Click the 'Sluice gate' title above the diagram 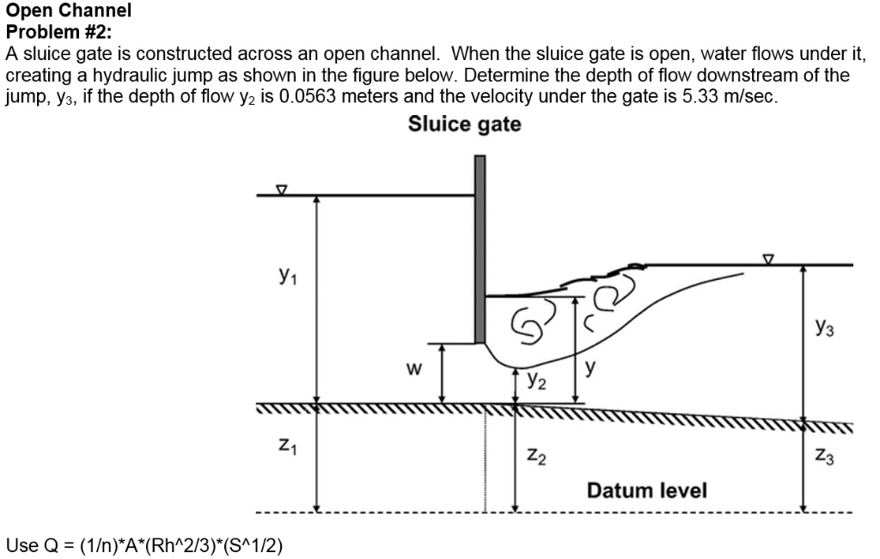(464, 125)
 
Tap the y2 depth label (536, 378)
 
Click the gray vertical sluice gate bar (480, 249)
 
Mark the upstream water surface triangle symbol (280, 189)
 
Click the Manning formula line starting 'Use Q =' (144, 544)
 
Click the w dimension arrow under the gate (442, 374)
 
